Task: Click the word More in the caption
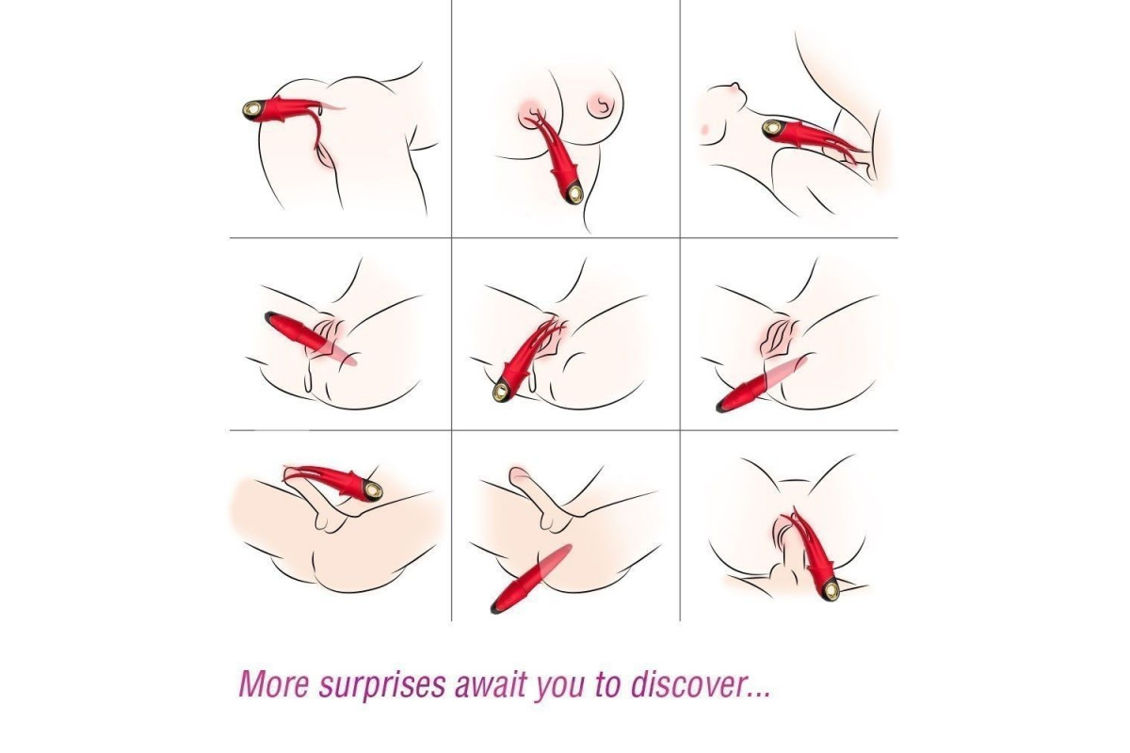click(273, 683)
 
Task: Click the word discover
click(686, 683)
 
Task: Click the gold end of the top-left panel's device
click(252, 109)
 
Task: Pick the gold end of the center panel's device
click(502, 390)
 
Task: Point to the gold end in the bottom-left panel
click(372, 491)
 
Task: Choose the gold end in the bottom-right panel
click(831, 588)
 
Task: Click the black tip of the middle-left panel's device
click(269, 316)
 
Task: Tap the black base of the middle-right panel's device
click(721, 407)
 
